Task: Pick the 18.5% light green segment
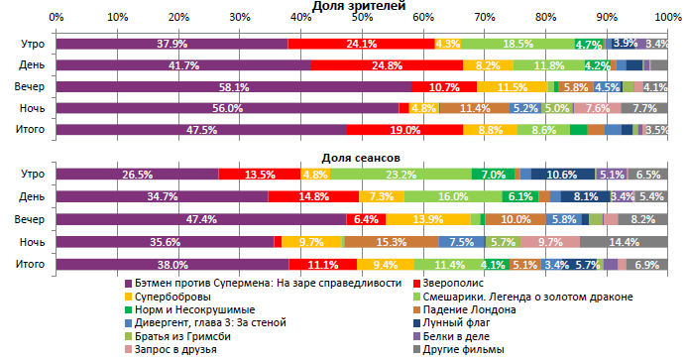517,44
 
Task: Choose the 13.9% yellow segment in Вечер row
427,219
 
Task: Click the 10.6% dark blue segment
562,175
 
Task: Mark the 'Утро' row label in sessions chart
30,175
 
